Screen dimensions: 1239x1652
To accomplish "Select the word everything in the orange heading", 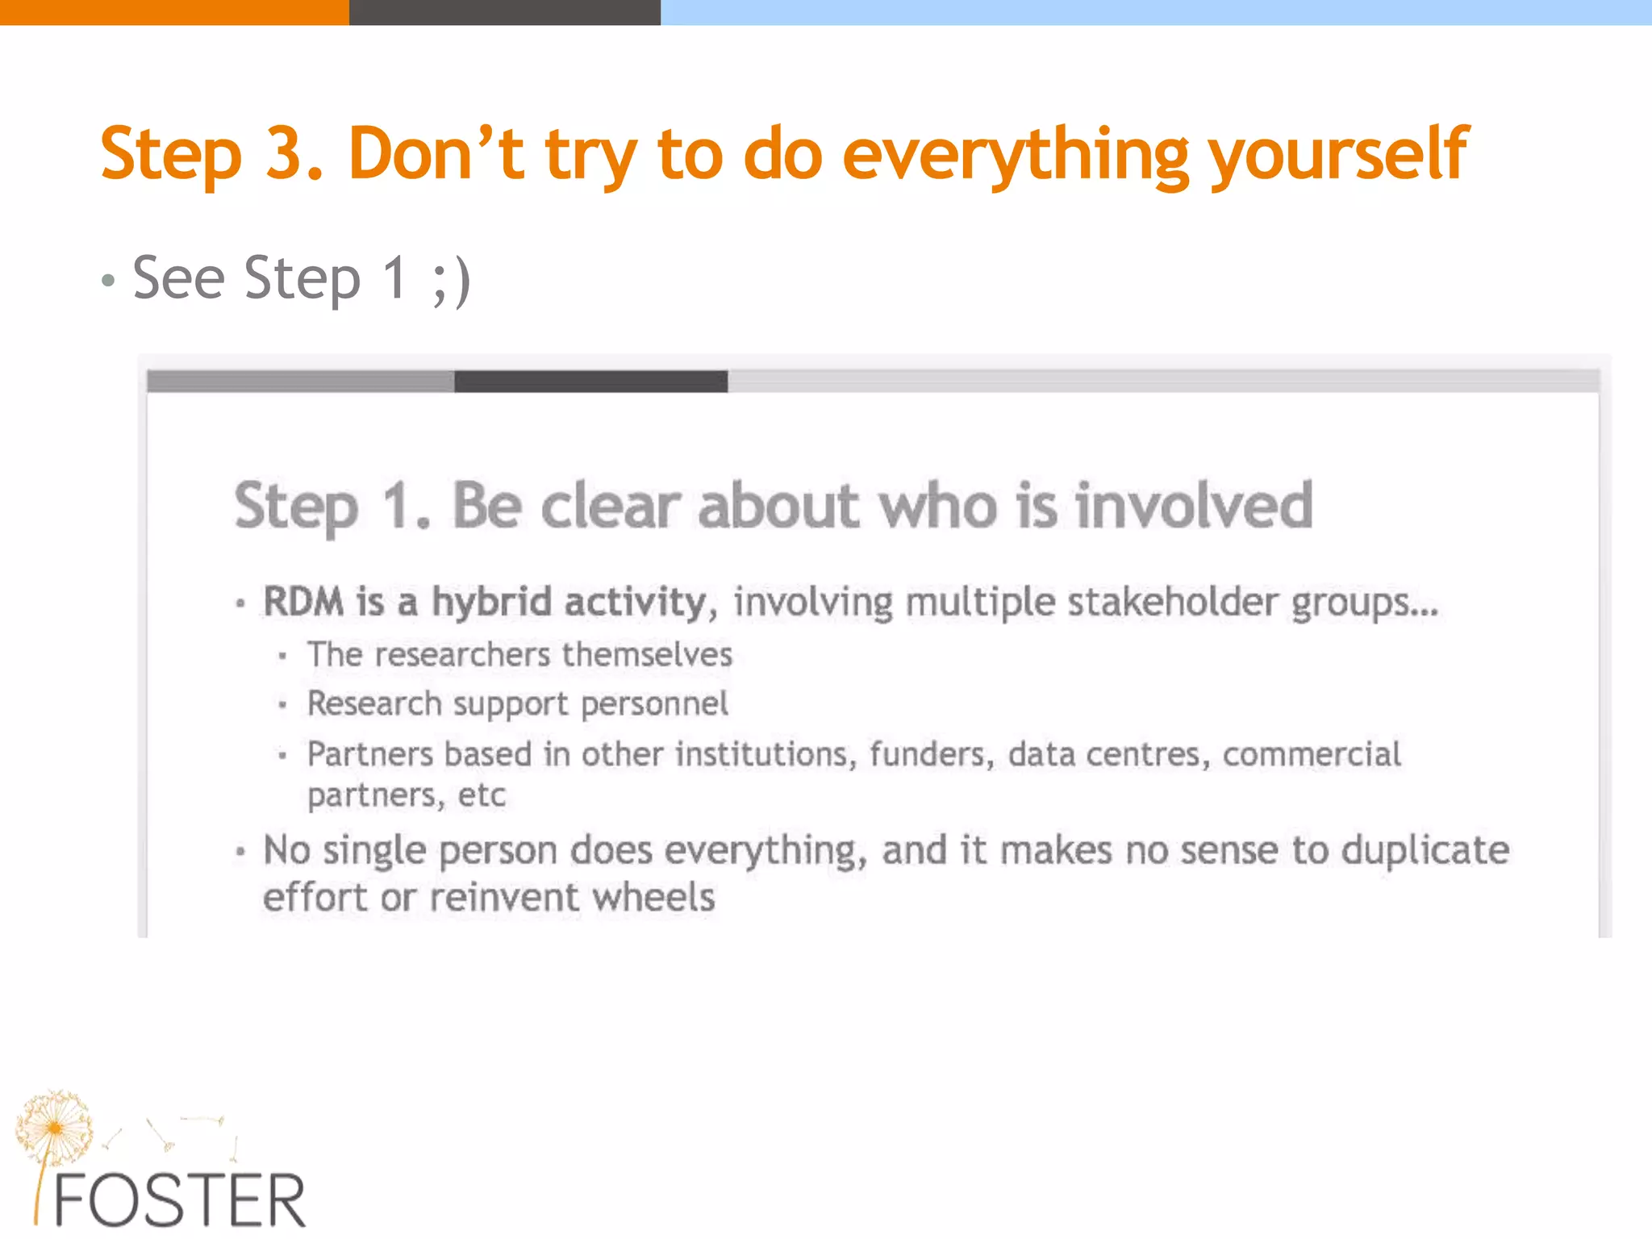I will coord(1015,155).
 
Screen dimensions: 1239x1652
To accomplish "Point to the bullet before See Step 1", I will coord(109,282).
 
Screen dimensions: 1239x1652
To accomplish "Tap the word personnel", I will coord(654,704).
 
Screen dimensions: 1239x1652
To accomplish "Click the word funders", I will coord(929,754).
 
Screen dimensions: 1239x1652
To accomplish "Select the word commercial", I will coord(1312,754).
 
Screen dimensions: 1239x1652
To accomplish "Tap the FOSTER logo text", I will coord(179,1201).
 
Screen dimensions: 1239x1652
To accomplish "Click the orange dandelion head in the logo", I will coord(53,1126).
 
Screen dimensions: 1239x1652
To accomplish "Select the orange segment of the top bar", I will coord(173,12).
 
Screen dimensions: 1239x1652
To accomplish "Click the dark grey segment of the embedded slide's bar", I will coord(590,382).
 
